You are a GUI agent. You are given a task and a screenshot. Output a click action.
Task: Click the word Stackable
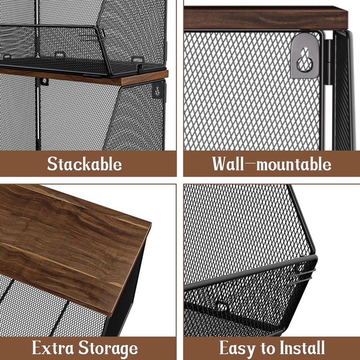pyautogui.click(x=85, y=164)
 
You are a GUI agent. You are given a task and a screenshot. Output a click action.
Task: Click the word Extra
pyautogui.click(x=53, y=348)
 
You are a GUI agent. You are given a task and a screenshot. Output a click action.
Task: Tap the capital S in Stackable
pyautogui.click(x=53, y=164)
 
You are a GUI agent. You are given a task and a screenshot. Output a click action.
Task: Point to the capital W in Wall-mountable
pyautogui.click(x=219, y=164)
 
